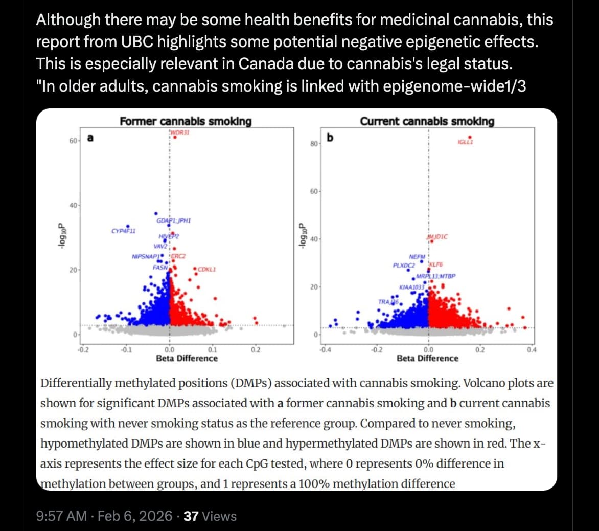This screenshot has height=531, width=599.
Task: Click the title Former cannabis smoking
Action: [186, 121]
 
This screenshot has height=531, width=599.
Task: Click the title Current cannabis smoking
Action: [427, 121]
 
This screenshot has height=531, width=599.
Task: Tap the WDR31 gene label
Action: [176, 133]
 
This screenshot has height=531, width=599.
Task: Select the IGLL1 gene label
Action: [465, 142]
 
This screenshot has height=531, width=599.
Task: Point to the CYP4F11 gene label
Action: [123, 231]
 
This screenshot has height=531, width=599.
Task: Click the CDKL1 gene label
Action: [206, 269]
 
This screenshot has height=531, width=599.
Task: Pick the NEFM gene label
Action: [417, 256]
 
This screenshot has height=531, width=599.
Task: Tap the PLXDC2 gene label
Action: [403, 265]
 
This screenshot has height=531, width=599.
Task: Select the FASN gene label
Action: [160, 267]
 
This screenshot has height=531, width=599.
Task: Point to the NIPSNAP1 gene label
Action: [146, 256]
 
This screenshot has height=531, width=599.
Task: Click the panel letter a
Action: [90, 138]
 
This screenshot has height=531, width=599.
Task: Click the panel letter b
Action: [330, 137]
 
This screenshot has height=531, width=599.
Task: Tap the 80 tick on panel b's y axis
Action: [313, 144]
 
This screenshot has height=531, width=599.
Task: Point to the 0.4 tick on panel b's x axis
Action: [532, 350]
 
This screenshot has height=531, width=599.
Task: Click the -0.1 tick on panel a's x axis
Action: [126, 350]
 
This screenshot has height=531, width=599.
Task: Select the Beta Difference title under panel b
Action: [427, 358]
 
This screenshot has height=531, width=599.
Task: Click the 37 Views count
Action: [210, 516]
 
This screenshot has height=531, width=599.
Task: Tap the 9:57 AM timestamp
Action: [61, 516]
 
